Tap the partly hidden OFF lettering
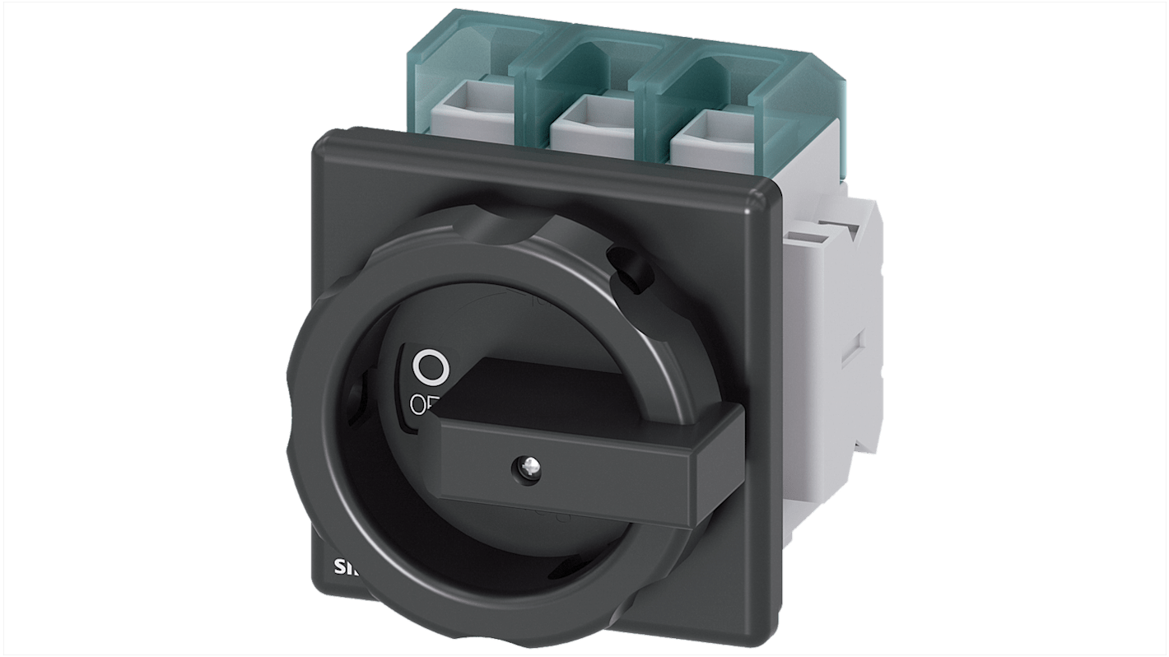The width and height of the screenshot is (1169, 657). pos(424,403)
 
